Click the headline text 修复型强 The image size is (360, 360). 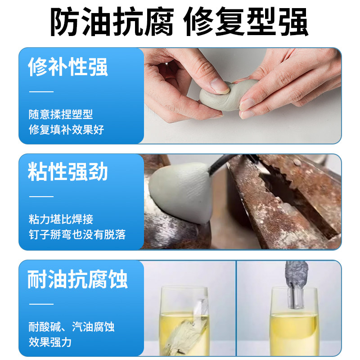[247, 22]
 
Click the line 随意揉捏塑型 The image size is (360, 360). [60, 115]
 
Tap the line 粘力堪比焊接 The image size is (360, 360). [60, 220]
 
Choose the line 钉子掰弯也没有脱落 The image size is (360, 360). [76, 234]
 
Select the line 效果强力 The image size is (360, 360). [49, 342]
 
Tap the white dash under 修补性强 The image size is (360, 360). [41, 91]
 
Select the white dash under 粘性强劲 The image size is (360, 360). [41, 196]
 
